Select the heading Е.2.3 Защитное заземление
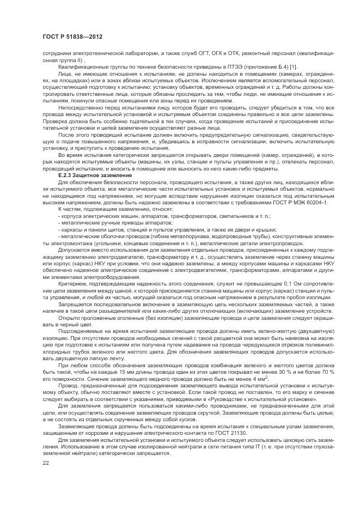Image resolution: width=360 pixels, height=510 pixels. [x=87, y=175]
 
